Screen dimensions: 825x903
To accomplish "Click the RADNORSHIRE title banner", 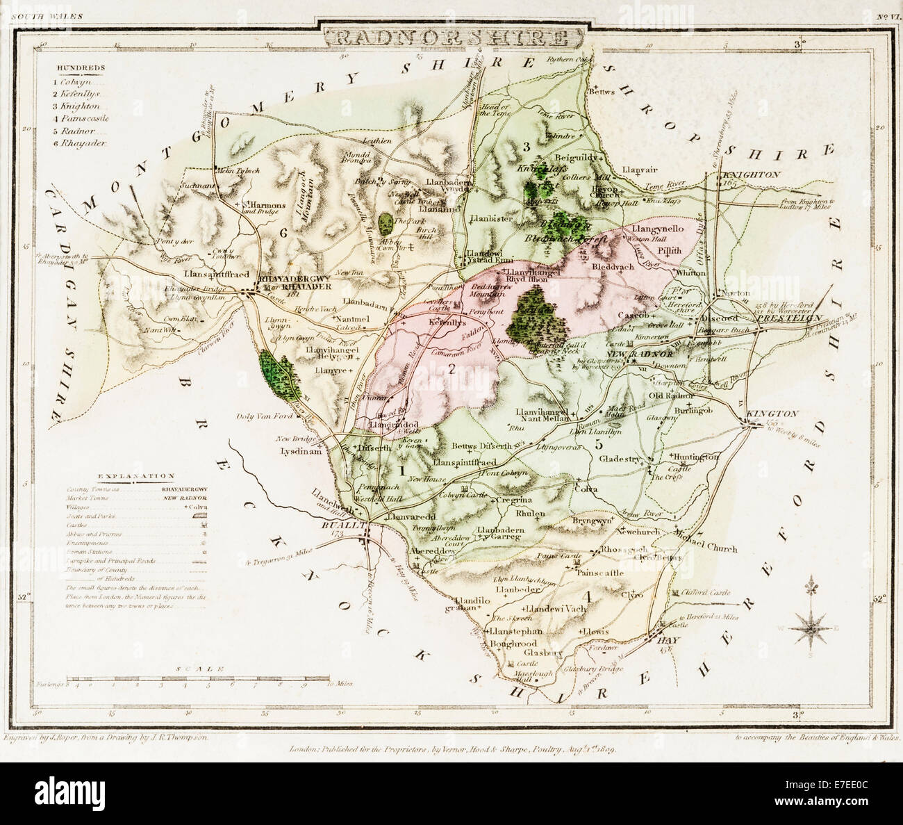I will [x=451, y=36].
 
